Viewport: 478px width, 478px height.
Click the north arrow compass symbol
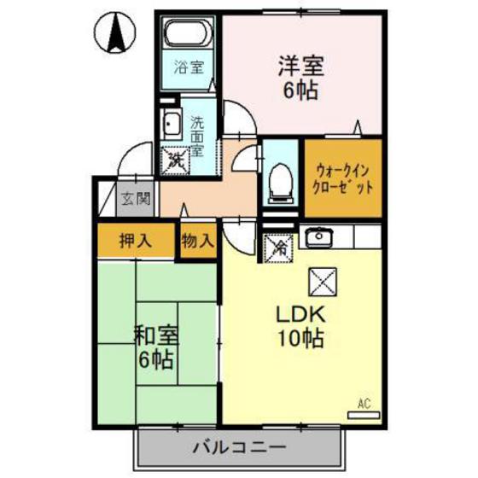coord(115,32)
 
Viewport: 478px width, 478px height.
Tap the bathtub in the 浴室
coord(188,32)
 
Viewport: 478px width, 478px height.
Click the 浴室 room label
coord(189,67)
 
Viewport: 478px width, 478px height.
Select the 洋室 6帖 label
coord(300,78)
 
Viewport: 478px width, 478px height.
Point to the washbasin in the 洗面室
coord(172,124)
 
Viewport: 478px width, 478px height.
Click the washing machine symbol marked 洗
coord(175,160)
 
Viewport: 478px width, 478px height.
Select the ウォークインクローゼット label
coord(342,178)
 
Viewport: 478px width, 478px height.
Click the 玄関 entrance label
coord(136,200)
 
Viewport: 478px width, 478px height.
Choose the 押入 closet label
coord(136,241)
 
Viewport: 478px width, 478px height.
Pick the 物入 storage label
coord(197,241)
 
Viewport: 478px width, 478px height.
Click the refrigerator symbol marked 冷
coord(278,248)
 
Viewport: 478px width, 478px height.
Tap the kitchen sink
coord(319,237)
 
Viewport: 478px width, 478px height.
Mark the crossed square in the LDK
coord(323,282)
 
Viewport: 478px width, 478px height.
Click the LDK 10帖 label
coord(300,326)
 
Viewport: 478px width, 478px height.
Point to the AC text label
coord(364,404)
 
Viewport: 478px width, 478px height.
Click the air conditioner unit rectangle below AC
coord(364,415)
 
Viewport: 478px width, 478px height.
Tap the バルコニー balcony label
coord(240,447)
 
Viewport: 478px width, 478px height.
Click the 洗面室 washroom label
coord(197,137)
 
